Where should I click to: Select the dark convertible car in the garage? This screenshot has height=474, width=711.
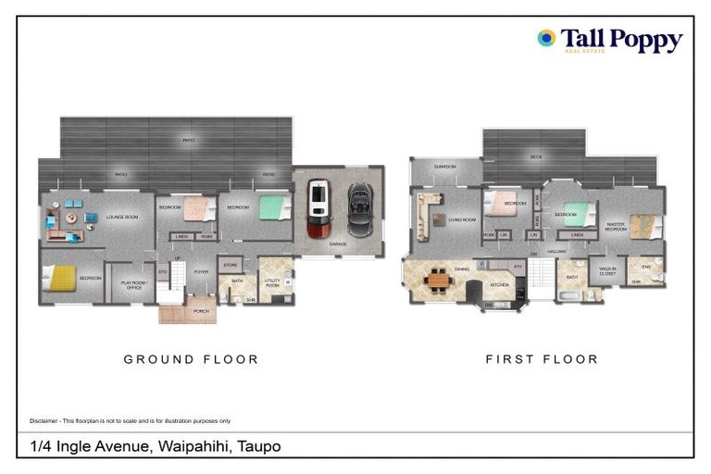point(359,208)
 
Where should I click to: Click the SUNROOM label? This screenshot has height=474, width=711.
point(446,167)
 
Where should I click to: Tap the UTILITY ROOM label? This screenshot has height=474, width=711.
point(272,281)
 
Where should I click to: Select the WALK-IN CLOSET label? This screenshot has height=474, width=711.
point(607,272)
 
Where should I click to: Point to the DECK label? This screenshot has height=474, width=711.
point(535,157)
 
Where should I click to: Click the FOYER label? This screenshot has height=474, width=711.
point(201,271)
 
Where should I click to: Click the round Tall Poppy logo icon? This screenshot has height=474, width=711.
point(546,38)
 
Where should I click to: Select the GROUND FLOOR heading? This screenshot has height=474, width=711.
point(191,359)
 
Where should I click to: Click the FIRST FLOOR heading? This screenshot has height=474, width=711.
point(542,359)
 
